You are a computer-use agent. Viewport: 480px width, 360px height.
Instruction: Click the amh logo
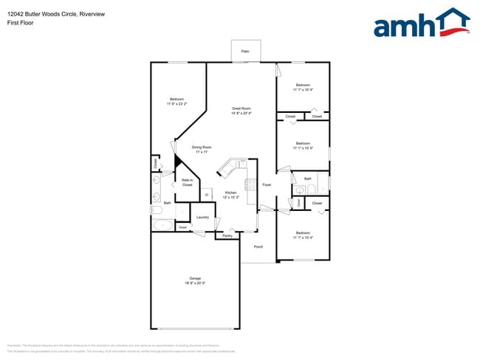pos(422,24)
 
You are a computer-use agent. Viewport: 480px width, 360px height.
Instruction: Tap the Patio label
pos(244,51)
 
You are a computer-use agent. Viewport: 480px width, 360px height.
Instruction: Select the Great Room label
pos(241,108)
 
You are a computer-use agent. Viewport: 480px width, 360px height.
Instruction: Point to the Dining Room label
pos(202,147)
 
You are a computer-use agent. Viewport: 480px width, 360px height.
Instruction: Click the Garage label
pos(195,278)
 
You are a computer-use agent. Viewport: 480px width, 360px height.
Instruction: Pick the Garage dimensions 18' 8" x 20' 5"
pos(195,283)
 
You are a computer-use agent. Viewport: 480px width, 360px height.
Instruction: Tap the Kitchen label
pos(230,193)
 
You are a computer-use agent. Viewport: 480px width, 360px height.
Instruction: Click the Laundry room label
pos(202,218)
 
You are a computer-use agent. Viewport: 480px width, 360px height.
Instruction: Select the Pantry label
pos(227,236)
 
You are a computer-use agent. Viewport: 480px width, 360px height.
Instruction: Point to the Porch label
pos(258,247)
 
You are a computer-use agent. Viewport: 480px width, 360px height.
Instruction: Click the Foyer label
pos(267,184)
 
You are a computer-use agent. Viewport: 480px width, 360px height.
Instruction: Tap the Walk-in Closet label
pos(187,182)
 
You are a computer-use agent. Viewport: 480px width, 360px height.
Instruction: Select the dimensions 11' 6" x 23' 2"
pos(176,104)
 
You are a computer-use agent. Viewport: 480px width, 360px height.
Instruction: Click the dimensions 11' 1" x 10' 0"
pos(303,148)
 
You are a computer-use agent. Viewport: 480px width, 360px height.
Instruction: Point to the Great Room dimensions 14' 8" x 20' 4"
pos(241,114)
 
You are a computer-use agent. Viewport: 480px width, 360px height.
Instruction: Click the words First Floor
pos(20,23)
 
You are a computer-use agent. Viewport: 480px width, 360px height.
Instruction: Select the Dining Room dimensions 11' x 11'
pos(202,152)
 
